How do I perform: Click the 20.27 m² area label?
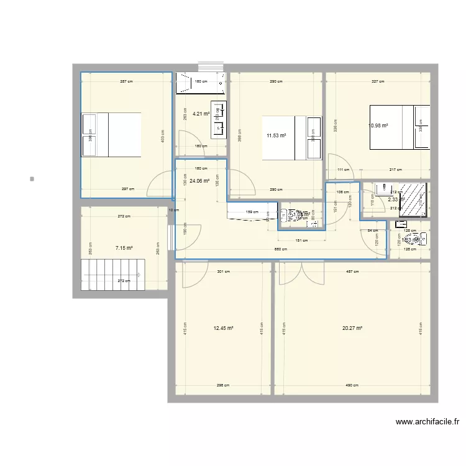(x=352, y=329)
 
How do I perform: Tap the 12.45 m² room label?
(x=223, y=329)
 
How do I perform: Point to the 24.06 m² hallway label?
(x=199, y=181)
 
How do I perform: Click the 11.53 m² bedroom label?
(x=276, y=135)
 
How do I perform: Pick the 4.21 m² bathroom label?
(x=201, y=114)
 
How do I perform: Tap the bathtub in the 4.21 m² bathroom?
(x=200, y=83)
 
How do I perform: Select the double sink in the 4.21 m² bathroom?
(x=219, y=119)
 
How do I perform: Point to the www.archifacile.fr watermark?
(x=427, y=422)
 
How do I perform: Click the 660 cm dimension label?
(x=281, y=249)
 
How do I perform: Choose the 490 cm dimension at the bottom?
(x=352, y=385)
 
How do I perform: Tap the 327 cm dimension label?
(x=378, y=81)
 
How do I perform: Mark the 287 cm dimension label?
(x=126, y=81)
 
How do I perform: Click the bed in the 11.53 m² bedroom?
(x=291, y=138)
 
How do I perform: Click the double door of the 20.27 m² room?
(x=301, y=273)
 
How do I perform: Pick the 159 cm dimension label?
(x=248, y=212)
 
